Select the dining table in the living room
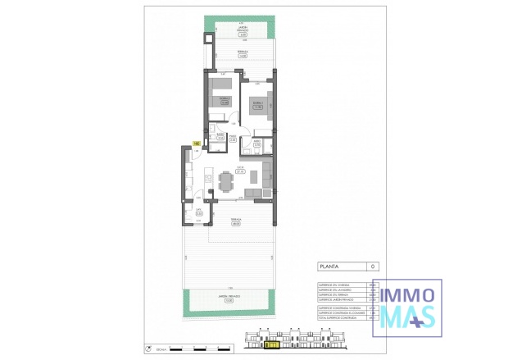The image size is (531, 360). tap(226, 179)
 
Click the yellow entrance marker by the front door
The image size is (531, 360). tap(197, 144)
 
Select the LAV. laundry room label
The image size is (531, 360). tap(198, 212)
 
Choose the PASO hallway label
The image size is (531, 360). tap(234, 139)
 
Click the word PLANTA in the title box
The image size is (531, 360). tap(331, 266)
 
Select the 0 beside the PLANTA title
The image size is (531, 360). tap(374, 266)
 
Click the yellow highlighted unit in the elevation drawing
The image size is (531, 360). tap(272, 346)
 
